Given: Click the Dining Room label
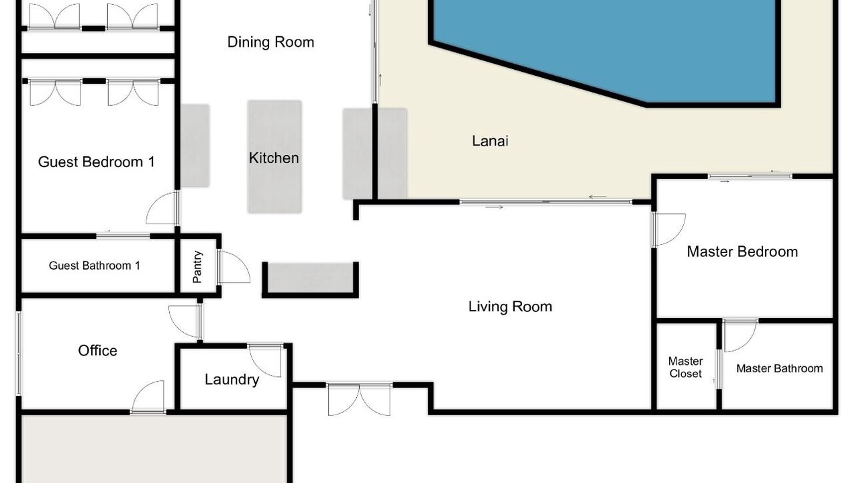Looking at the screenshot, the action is point(270,42).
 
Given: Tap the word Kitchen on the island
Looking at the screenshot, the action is point(274,158).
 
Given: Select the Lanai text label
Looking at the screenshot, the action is point(490,141).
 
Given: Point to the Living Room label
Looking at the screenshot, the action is point(511,307).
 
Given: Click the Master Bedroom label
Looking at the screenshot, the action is point(742,252).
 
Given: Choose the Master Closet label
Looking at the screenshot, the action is point(686,367).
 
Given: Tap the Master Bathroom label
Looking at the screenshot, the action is point(780,369).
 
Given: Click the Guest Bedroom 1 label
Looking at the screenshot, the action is point(97,162).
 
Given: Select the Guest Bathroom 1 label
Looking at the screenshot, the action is point(95,266).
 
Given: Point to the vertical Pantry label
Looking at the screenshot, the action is point(197,267).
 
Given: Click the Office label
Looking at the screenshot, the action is point(98,351).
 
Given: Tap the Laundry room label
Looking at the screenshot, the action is point(232,380).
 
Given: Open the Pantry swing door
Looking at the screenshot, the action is point(234,267).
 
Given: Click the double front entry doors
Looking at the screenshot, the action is point(359,399).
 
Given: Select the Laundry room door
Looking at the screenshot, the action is point(265,360).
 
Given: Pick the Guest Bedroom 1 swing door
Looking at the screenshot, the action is point(162,208).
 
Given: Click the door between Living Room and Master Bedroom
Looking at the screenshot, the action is point(669,229).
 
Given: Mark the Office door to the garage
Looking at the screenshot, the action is point(148,397).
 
